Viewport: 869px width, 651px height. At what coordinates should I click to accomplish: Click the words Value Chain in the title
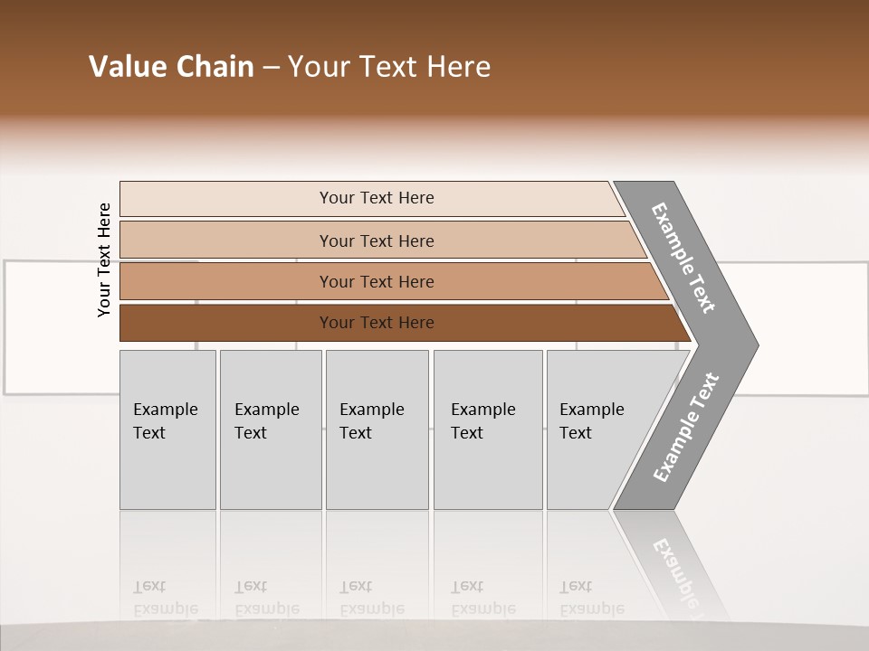(171, 67)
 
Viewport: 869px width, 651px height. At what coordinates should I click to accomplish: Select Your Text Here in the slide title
(389, 67)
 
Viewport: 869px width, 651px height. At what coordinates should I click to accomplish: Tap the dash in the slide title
(271, 68)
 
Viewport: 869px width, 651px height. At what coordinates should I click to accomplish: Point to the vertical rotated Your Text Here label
(104, 259)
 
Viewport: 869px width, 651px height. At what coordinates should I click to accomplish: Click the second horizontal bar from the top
(377, 241)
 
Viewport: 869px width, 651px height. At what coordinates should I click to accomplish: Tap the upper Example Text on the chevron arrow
(683, 258)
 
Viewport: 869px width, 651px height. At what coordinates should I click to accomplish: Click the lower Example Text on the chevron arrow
(685, 428)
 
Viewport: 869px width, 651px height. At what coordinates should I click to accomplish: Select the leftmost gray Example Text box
(167, 429)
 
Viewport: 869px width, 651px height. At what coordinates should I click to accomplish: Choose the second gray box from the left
(271, 429)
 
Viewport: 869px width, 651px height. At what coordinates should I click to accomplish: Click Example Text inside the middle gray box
(371, 421)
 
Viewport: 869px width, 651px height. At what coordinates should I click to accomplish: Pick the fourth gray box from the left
(488, 429)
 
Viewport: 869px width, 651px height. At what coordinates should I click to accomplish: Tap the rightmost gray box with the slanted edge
(597, 429)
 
